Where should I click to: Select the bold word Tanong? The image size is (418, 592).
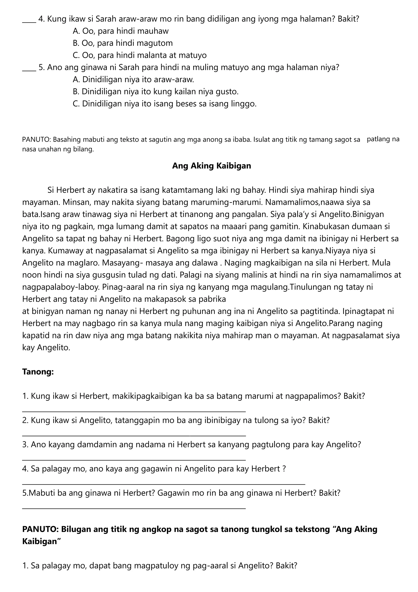[x=38, y=372]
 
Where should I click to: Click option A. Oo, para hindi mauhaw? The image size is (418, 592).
[x=120, y=31]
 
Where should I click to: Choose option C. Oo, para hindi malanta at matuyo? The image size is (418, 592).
[x=140, y=55]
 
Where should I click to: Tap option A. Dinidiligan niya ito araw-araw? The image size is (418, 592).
[x=133, y=79]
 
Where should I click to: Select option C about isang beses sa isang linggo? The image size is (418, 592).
[x=165, y=104]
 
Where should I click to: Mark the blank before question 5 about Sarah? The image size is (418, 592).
[x=29, y=70]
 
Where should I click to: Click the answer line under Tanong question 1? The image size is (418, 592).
[x=134, y=411]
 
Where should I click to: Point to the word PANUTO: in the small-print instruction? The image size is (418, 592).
[x=37, y=140]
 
